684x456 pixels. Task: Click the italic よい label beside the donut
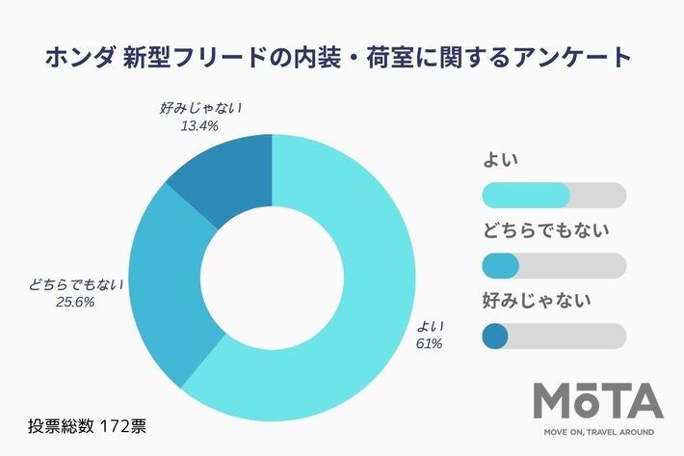[x=428, y=326]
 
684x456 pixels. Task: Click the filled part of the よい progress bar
[x=525, y=195]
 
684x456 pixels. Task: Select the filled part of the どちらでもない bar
[x=499, y=265]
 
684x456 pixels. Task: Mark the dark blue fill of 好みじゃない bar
[x=494, y=335]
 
